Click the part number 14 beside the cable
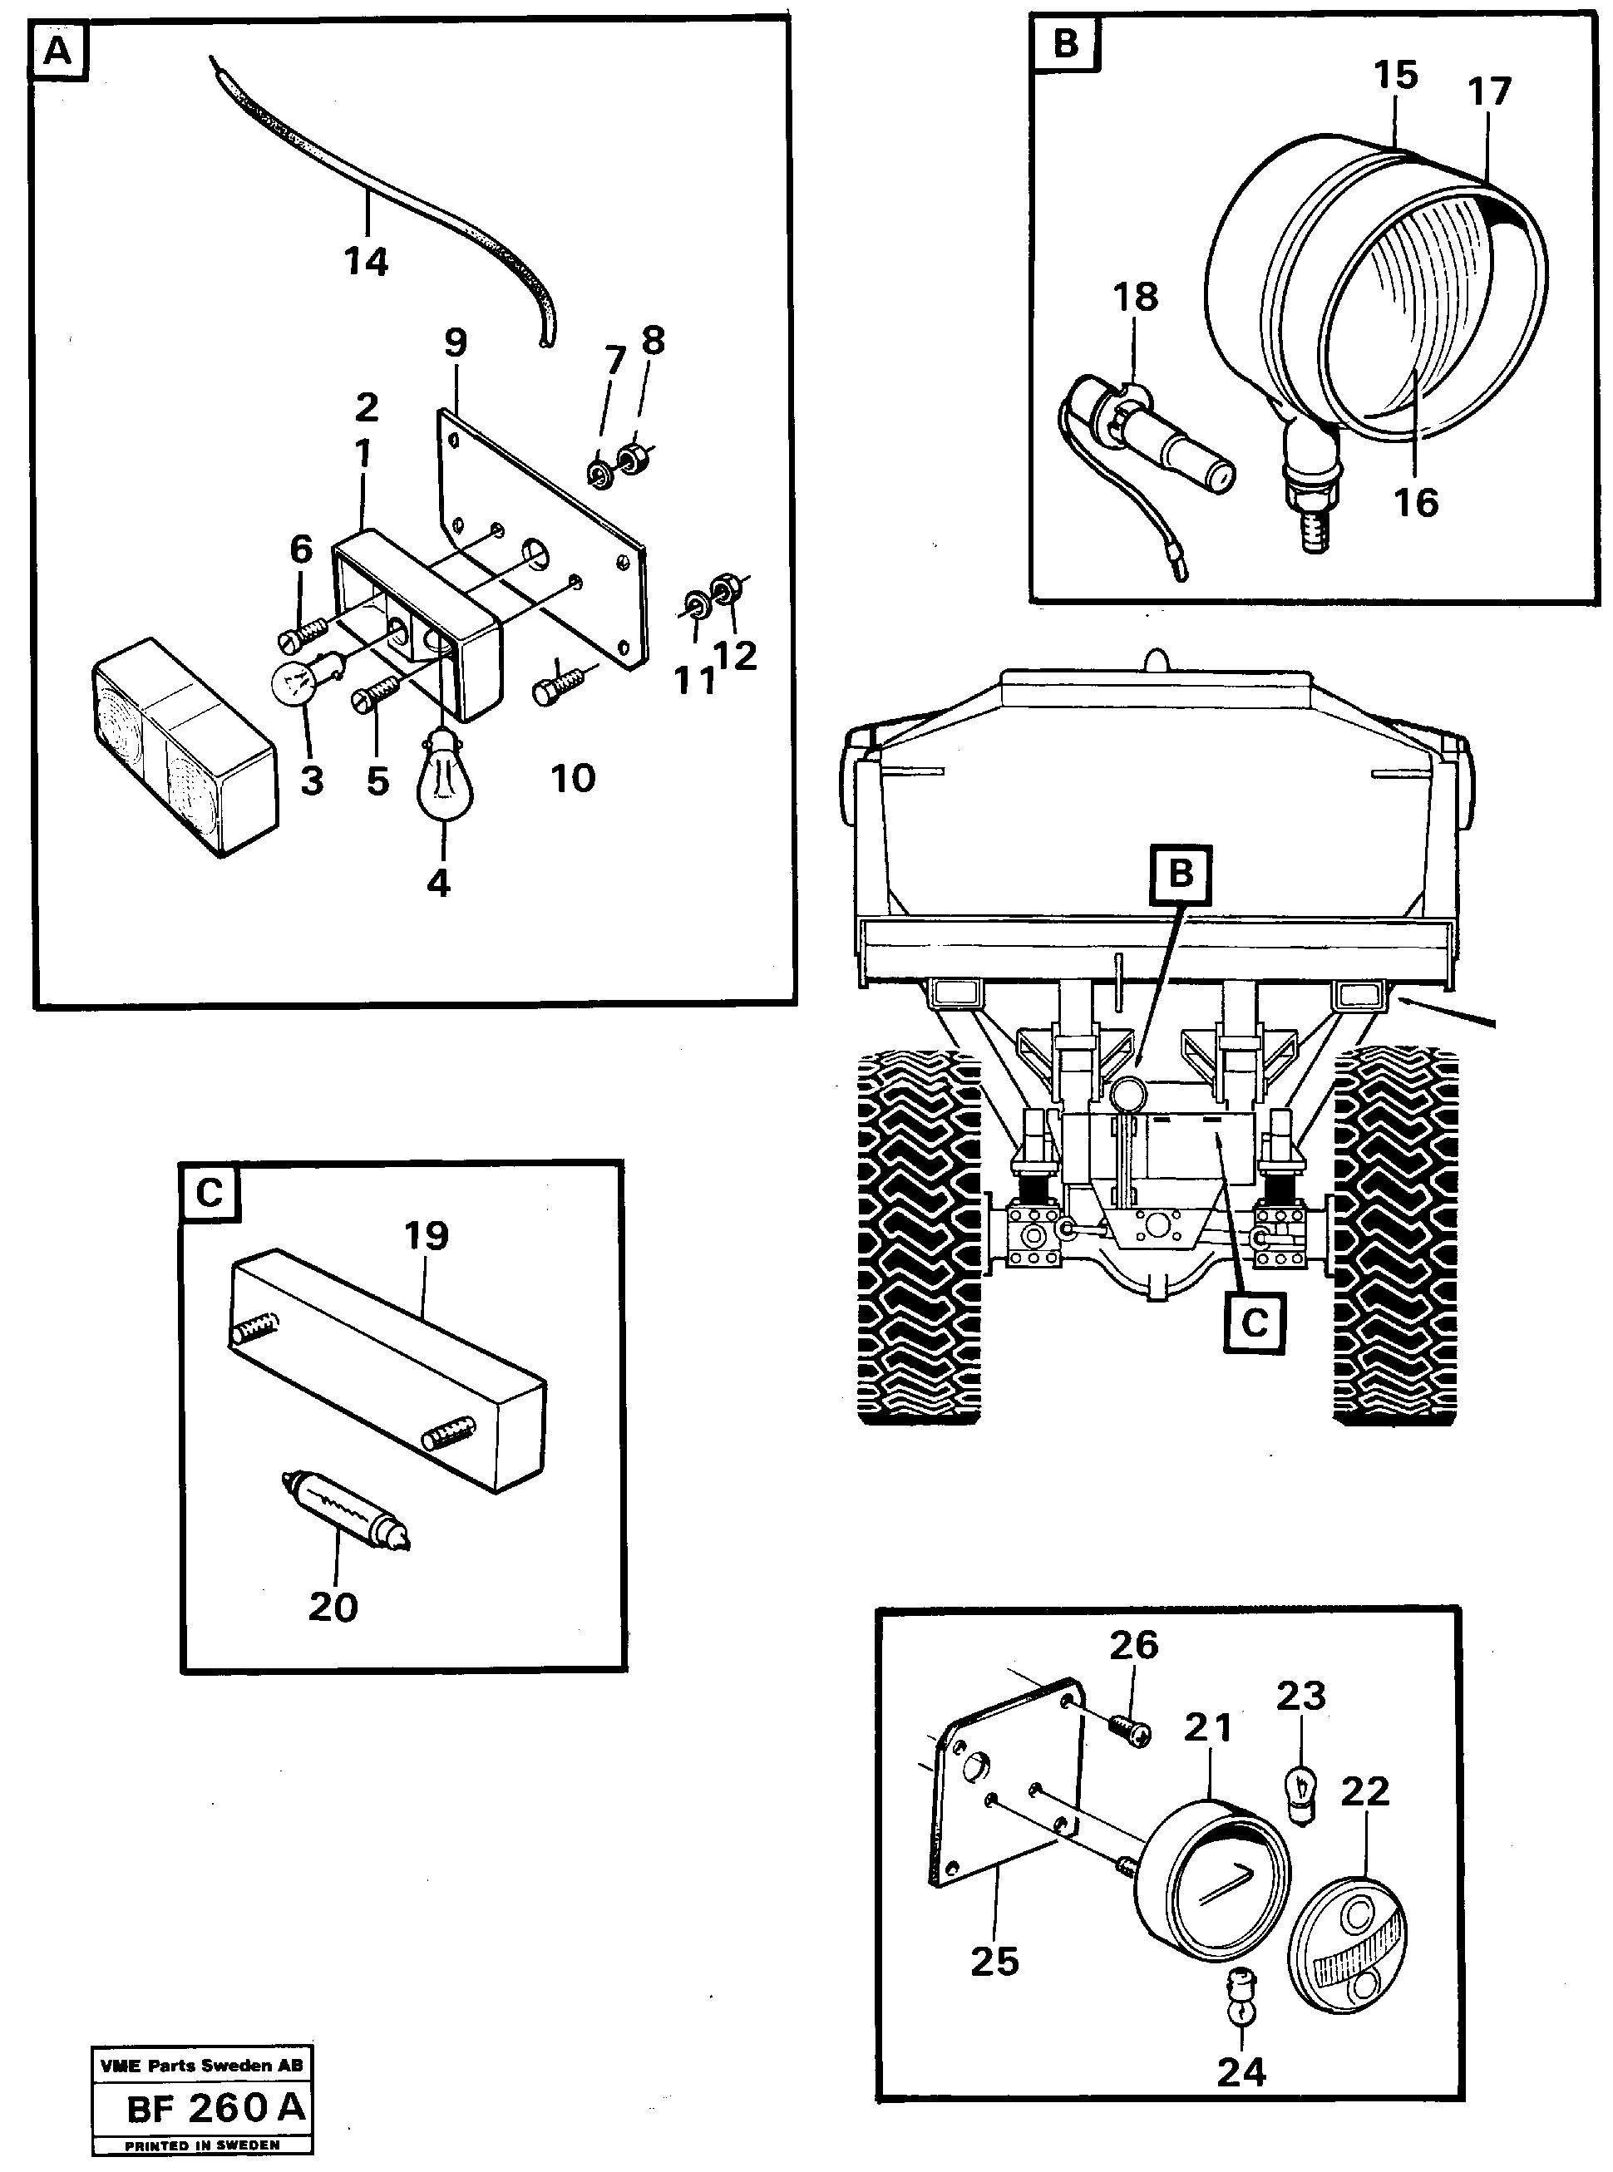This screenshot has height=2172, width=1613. click(366, 262)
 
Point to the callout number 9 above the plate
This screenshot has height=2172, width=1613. click(455, 342)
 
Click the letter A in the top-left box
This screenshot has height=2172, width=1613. click(58, 52)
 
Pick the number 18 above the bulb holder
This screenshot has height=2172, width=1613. click(1135, 297)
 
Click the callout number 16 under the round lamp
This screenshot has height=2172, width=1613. click(1416, 503)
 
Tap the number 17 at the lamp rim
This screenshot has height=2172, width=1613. click(1489, 91)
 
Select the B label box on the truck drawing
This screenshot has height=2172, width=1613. click(1181, 873)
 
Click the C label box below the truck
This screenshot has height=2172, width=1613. click(1254, 1322)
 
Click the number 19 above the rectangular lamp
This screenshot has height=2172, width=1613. click(426, 1236)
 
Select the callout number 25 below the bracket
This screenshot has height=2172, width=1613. click(994, 1961)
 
